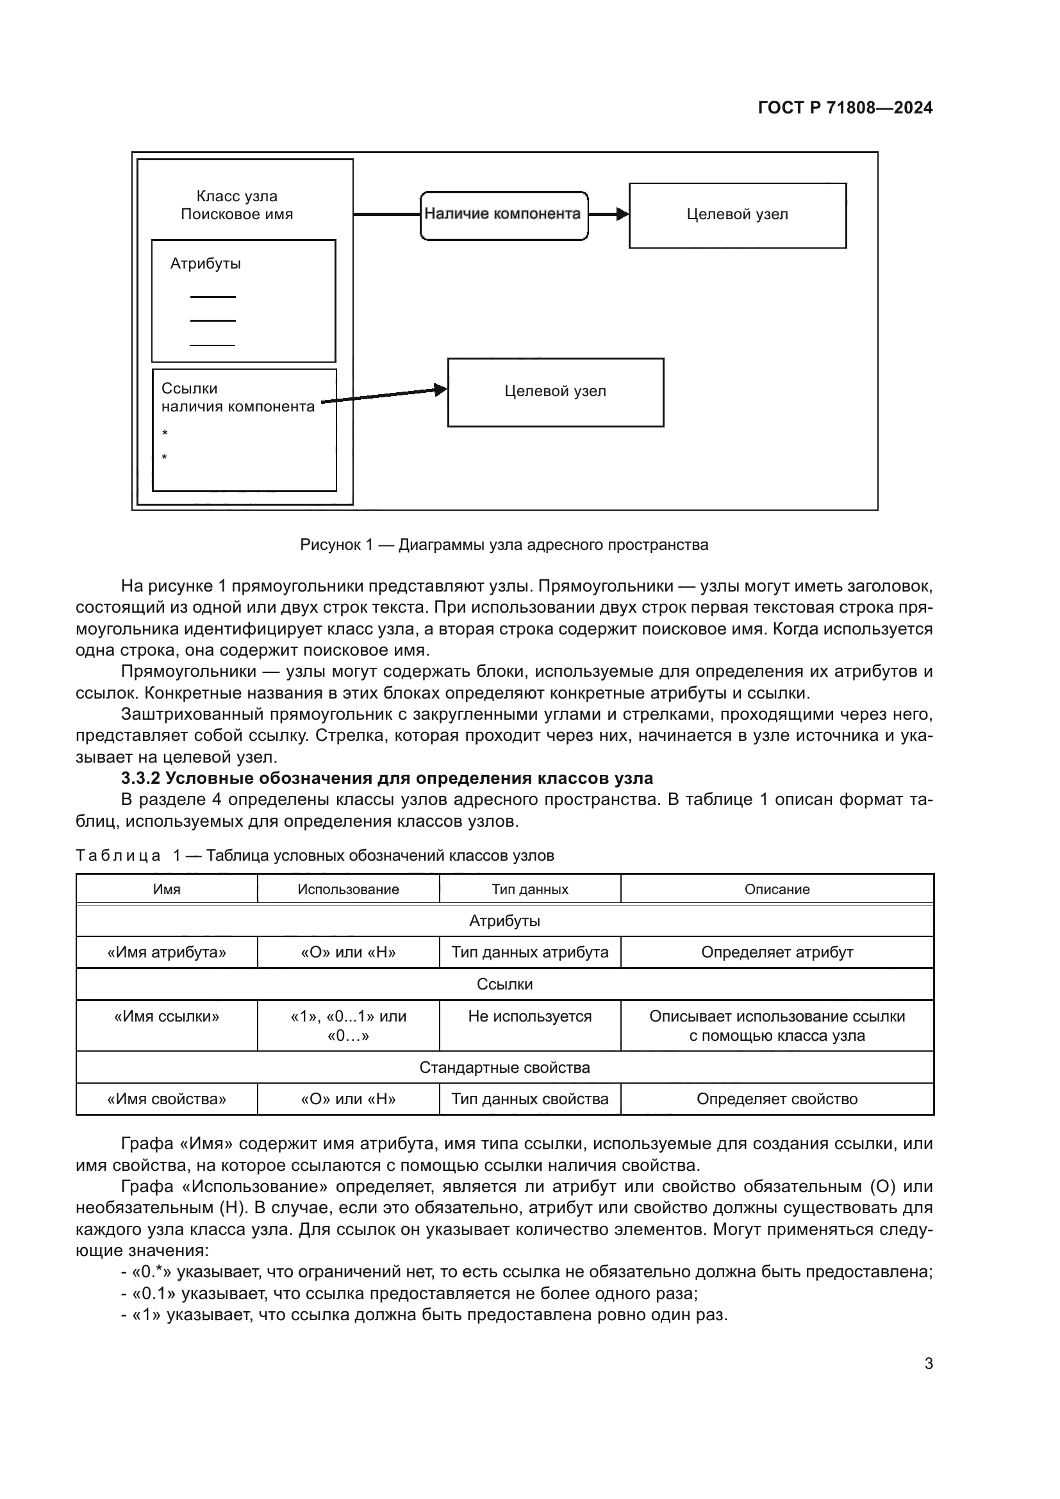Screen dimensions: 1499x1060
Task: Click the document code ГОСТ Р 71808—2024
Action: (x=845, y=108)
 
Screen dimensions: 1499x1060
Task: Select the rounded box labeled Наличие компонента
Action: (x=503, y=215)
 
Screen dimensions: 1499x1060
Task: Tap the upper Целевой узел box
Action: (x=737, y=215)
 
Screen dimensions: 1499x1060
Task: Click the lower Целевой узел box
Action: (x=555, y=392)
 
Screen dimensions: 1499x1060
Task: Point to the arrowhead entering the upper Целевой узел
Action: (x=623, y=214)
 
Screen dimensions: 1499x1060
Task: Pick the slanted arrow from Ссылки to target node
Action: (x=385, y=396)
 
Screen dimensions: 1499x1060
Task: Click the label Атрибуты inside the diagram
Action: (x=206, y=264)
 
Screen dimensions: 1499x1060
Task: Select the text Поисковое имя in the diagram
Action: (x=236, y=214)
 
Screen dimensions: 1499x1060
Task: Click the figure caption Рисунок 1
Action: (x=504, y=545)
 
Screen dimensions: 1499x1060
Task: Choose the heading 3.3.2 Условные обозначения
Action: (x=386, y=778)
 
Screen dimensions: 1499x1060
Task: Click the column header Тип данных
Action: (x=529, y=890)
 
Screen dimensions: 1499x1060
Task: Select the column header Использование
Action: (x=348, y=890)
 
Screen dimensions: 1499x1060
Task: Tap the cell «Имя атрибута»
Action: (x=167, y=952)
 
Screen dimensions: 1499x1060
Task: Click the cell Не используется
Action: (x=529, y=1016)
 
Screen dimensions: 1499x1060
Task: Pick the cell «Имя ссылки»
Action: (x=167, y=1016)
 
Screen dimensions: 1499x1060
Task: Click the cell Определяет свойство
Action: (x=776, y=1099)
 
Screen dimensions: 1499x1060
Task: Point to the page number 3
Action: (x=928, y=1363)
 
